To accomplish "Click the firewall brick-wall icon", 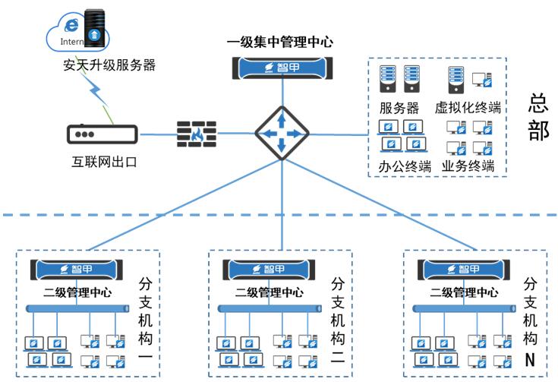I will pos(197,134).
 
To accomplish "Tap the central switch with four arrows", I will pos(281,134).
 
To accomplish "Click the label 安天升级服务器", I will pos(109,65).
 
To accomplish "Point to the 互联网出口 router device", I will pos(102,134).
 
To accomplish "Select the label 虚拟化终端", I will pos(468,107).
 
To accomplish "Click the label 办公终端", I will pos(405,166).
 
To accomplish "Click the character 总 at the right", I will pos(538,103).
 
